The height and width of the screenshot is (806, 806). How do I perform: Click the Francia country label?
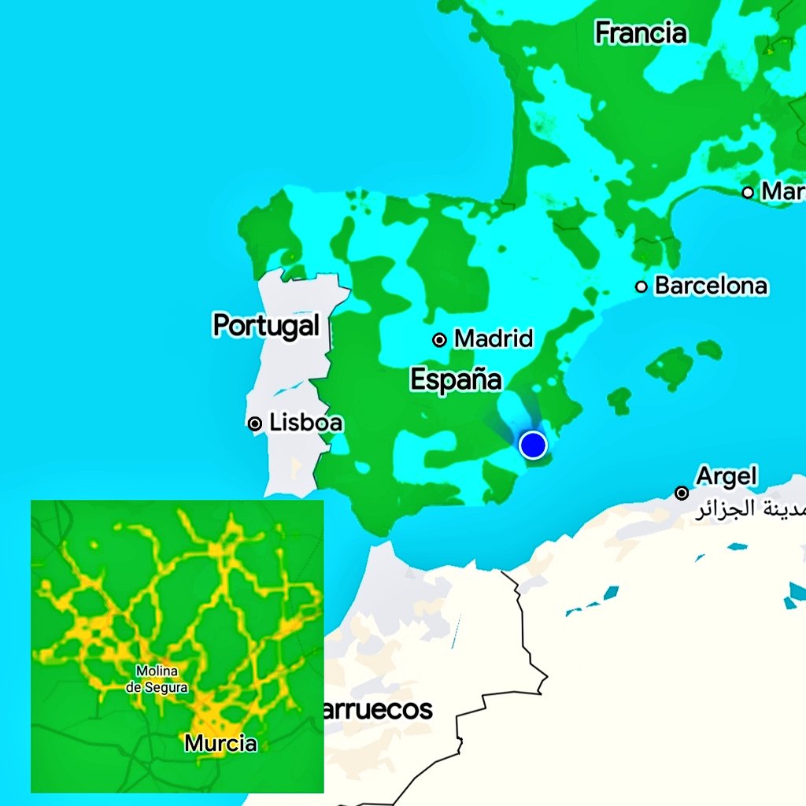tap(641, 33)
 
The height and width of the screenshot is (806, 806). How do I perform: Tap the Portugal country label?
tap(266, 325)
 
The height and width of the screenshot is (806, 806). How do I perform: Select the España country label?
tap(456, 379)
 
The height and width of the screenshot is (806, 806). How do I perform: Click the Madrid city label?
tap(494, 339)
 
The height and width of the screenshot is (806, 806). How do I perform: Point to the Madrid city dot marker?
tap(439, 340)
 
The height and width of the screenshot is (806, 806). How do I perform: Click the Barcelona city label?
tap(711, 285)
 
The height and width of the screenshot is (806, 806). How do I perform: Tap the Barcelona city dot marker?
tap(641, 286)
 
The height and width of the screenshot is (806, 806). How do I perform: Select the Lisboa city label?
tap(306, 423)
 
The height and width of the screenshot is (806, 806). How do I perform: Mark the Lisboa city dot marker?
tap(254, 423)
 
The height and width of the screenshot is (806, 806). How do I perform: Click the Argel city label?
tap(726, 476)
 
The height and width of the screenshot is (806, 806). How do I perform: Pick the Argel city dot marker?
tap(682, 493)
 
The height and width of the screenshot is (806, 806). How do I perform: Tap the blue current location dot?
tap(533, 445)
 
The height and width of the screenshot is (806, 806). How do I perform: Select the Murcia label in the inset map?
tap(220, 742)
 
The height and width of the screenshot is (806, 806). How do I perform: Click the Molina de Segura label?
tap(157, 678)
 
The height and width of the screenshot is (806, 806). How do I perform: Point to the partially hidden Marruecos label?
tap(376, 709)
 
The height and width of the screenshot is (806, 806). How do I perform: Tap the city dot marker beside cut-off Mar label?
tap(748, 192)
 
